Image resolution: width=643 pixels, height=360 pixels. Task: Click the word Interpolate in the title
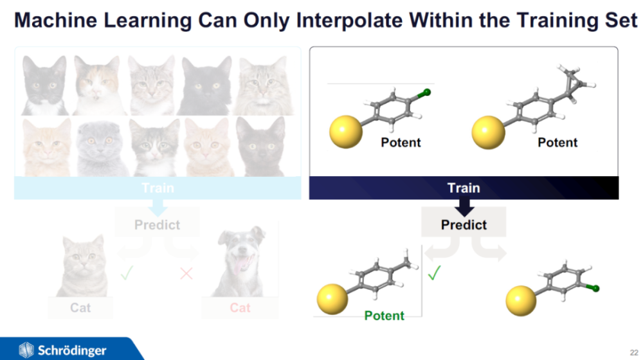[x=349, y=20]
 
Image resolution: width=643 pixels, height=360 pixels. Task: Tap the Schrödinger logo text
[x=72, y=350]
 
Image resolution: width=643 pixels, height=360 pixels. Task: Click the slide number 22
[x=634, y=352]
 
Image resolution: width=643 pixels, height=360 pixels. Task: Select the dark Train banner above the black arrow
[x=464, y=188]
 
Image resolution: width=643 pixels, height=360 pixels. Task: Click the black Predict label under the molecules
[x=464, y=225]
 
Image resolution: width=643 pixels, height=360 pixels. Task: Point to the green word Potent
[x=385, y=315]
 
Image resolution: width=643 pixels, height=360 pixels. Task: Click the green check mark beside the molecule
[x=434, y=273]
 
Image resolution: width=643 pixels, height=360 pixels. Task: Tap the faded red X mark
[x=186, y=273]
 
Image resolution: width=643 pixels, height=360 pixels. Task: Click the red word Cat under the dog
[x=240, y=307]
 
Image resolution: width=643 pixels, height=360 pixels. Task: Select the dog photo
[x=240, y=261]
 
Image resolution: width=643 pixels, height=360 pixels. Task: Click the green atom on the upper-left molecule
[x=426, y=93]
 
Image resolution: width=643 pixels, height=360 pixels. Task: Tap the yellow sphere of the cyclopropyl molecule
[x=488, y=132]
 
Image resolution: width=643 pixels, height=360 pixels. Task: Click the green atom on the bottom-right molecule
[x=595, y=289]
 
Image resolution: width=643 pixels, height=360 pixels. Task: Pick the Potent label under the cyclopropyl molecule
[x=557, y=142]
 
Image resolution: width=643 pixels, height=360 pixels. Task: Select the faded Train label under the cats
[x=158, y=188]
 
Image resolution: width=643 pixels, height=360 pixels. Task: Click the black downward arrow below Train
[x=464, y=207]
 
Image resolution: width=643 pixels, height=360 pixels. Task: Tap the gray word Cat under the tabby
[x=80, y=307]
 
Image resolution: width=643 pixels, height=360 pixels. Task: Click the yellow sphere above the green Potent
[x=332, y=299]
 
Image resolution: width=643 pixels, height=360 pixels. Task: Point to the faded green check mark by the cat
[x=127, y=273]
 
